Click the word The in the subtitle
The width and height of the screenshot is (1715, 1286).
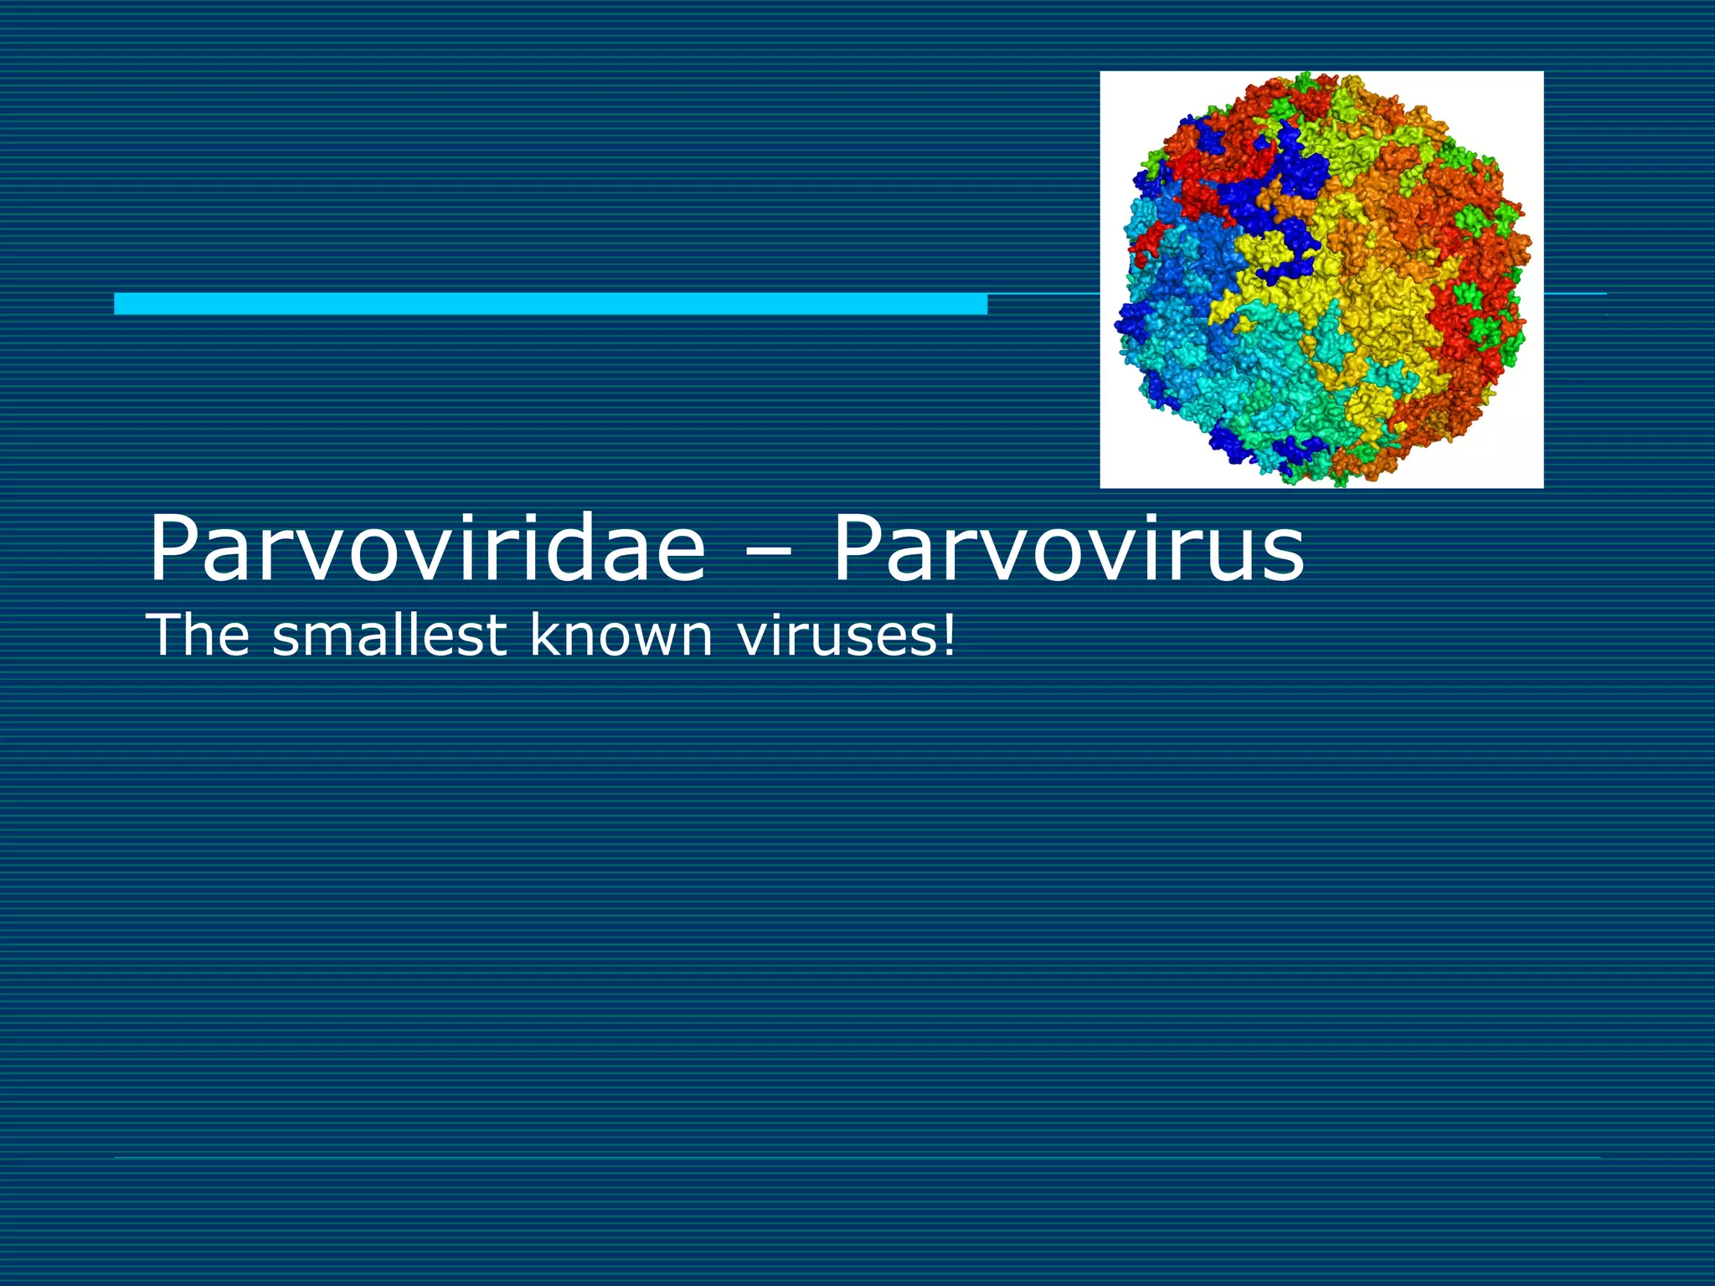click(x=198, y=635)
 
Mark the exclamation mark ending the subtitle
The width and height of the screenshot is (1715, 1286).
click(x=948, y=634)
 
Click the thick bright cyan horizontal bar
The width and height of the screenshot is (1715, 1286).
click(x=550, y=303)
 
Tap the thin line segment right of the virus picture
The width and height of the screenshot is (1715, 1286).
click(x=1574, y=294)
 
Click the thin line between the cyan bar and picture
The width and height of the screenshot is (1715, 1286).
click(x=1043, y=295)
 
